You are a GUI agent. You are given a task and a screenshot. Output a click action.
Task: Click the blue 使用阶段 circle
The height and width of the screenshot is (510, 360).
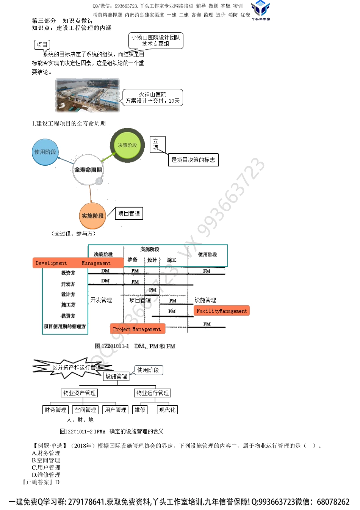click(45, 152)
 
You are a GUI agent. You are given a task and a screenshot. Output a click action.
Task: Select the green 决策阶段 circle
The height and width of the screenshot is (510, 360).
click(127, 145)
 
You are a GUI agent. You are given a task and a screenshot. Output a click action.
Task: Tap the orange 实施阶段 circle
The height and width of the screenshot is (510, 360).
click(92, 216)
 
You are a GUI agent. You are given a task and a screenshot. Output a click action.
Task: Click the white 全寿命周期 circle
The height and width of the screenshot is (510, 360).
click(88, 170)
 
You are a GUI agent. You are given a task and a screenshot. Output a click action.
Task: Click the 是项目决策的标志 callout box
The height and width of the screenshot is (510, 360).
click(193, 160)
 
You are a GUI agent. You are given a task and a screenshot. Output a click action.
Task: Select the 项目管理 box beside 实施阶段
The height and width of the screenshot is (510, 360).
click(129, 213)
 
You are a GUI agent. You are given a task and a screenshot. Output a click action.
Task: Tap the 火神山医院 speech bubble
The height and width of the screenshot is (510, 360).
click(153, 97)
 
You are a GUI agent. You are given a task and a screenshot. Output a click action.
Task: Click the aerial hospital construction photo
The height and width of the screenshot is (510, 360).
click(88, 95)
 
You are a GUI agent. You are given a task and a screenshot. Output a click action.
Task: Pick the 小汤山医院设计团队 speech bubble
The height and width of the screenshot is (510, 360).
click(156, 41)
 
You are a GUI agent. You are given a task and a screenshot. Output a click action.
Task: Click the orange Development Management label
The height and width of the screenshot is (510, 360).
click(78, 263)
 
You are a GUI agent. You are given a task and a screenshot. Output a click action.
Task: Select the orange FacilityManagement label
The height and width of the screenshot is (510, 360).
click(221, 311)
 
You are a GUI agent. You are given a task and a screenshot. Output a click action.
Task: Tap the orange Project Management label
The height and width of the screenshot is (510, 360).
click(137, 329)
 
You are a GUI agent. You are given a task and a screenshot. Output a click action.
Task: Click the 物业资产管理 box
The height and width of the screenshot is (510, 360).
click(80, 393)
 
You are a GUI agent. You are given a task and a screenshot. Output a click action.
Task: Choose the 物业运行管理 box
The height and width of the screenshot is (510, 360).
click(153, 393)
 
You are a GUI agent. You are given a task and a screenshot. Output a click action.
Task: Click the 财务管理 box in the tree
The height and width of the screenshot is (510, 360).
click(55, 410)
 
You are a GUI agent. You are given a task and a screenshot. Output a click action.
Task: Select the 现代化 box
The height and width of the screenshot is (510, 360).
click(167, 410)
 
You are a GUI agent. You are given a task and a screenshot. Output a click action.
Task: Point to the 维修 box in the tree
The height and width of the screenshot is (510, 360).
click(140, 410)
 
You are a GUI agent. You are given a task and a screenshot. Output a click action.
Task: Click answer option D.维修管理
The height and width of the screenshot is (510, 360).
click(46, 475)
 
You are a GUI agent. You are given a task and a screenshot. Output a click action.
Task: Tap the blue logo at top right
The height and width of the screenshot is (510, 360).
click(260, 9)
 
